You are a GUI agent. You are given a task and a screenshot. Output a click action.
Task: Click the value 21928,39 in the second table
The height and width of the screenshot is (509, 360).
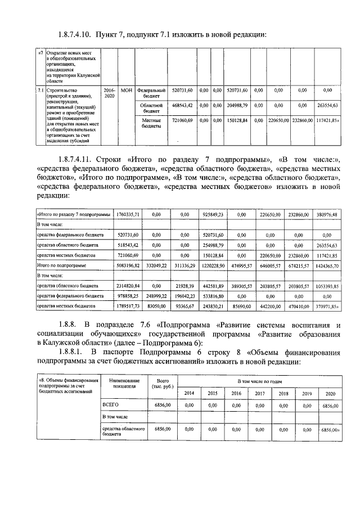coord(184,286)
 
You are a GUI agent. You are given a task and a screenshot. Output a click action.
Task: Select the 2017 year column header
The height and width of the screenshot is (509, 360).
coord(260,393)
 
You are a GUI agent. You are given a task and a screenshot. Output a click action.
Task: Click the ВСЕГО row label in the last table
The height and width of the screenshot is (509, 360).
coord(110,404)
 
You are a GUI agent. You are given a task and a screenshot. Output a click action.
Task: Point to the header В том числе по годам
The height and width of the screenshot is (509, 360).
coord(260,381)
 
